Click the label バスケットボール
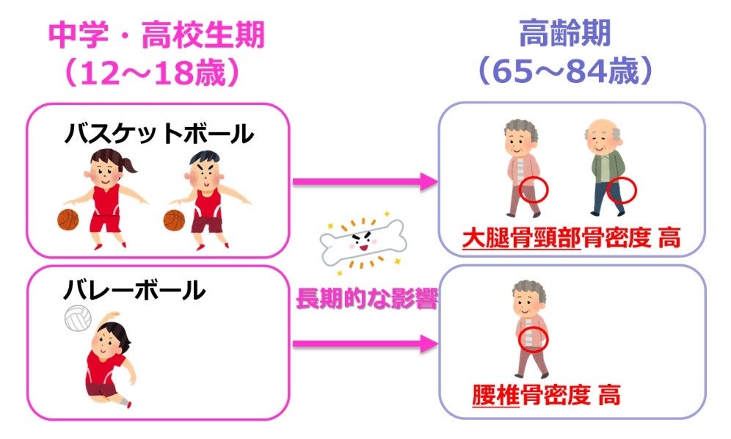(159, 134)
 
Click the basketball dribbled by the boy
(174, 219)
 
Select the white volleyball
(78, 318)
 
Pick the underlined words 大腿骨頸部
(521, 238)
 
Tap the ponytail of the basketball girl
(130, 167)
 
